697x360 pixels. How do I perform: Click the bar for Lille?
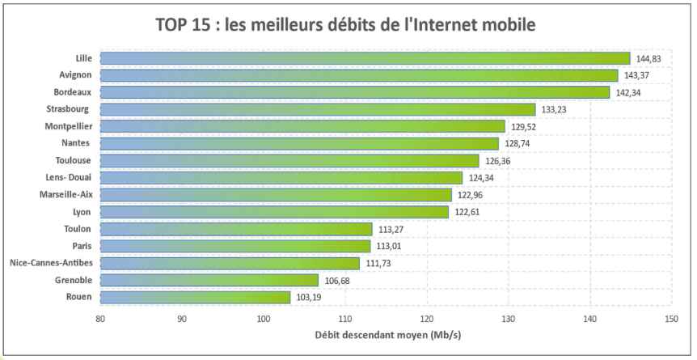pos(364,58)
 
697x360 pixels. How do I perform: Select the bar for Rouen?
pos(194,298)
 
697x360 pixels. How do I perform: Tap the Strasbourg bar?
pos(317,109)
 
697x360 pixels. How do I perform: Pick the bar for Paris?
pos(234,246)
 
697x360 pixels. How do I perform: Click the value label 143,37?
pos(637,75)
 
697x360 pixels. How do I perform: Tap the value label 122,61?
pos(468,212)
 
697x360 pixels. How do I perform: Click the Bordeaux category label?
pos(71,92)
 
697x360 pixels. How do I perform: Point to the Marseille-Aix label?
pos(65,195)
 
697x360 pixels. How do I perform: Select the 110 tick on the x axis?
pos(345,320)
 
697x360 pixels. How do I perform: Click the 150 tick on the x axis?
pos(671,320)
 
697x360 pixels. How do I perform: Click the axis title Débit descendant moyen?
pos(385,335)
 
